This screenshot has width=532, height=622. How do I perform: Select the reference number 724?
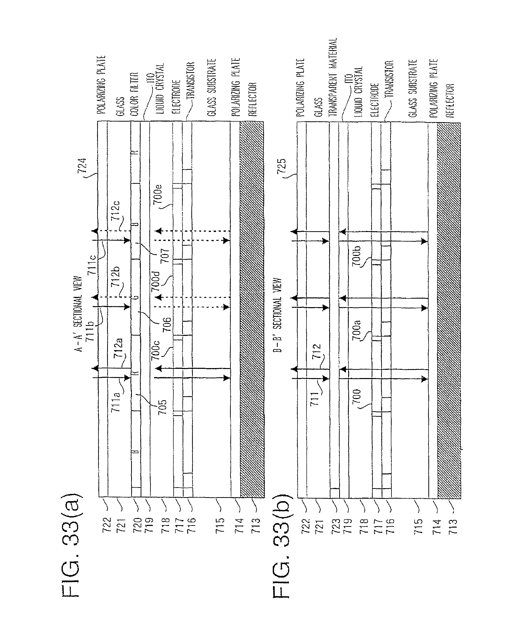[x=82, y=165]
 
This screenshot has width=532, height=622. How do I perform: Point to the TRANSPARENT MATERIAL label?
[x=333, y=77]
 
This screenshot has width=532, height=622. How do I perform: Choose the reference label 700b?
[x=356, y=255]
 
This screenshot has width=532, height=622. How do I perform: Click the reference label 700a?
[x=356, y=330]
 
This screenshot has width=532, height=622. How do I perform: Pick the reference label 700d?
[x=156, y=281]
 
